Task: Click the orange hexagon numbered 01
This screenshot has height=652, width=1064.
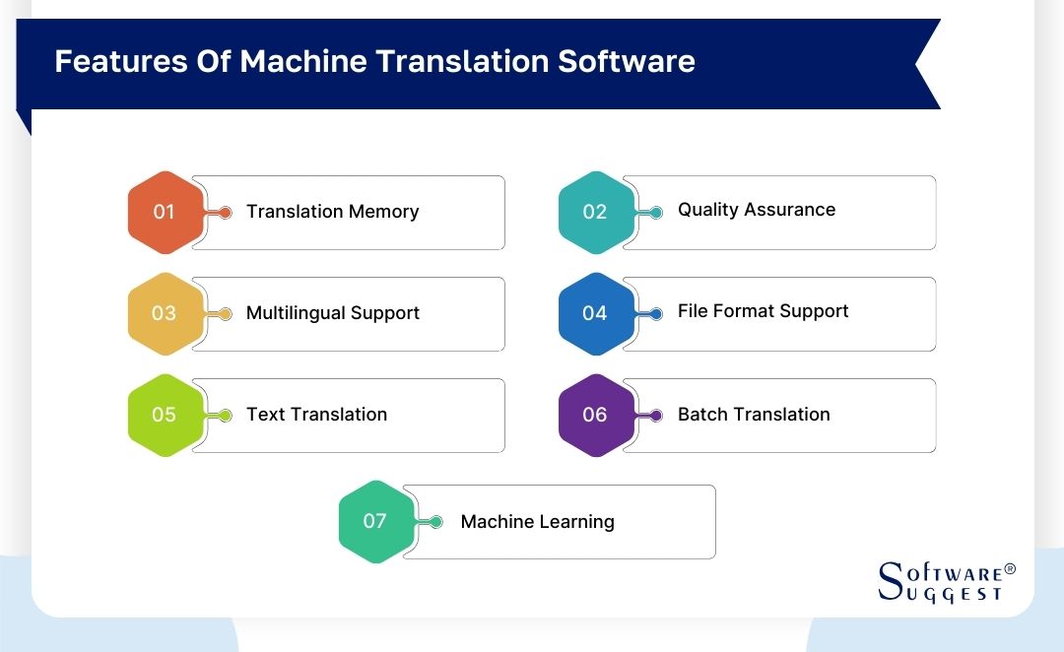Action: (x=165, y=213)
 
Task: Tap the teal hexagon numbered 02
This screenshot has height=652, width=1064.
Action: (x=595, y=213)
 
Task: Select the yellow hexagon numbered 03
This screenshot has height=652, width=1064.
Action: (x=165, y=313)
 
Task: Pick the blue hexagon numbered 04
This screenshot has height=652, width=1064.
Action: (x=595, y=313)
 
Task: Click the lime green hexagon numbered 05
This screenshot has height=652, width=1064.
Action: (x=165, y=415)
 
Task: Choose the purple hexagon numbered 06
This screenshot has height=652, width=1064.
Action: (x=595, y=415)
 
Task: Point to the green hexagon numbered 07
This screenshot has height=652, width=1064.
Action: (x=375, y=521)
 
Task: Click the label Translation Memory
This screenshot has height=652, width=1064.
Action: (x=332, y=212)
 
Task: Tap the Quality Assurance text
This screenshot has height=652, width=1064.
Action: (x=756, y=210)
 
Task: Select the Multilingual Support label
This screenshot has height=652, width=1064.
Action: (x=332, y=313)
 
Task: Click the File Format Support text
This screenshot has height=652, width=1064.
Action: (x=763, y=311)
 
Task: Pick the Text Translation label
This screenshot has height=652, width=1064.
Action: (x=316, y=415)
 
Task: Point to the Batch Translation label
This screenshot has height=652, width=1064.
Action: (x=754, y=415)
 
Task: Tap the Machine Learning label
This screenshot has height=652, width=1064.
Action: (x=537, y=522)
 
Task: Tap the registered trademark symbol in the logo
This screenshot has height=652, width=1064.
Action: (x=1009, y=570)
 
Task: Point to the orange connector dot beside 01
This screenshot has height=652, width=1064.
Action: (x=226, y=213)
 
